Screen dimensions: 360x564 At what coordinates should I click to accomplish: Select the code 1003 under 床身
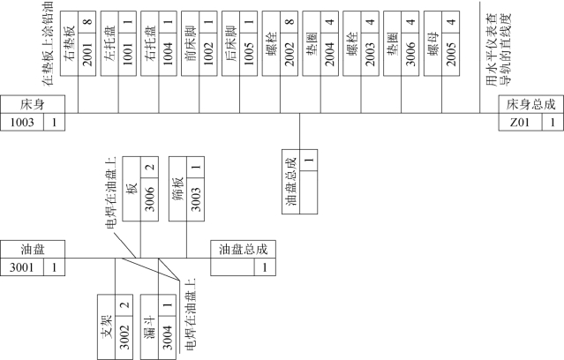22,122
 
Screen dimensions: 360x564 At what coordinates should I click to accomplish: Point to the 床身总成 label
530,104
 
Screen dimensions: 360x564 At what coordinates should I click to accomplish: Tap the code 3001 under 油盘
22,266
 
